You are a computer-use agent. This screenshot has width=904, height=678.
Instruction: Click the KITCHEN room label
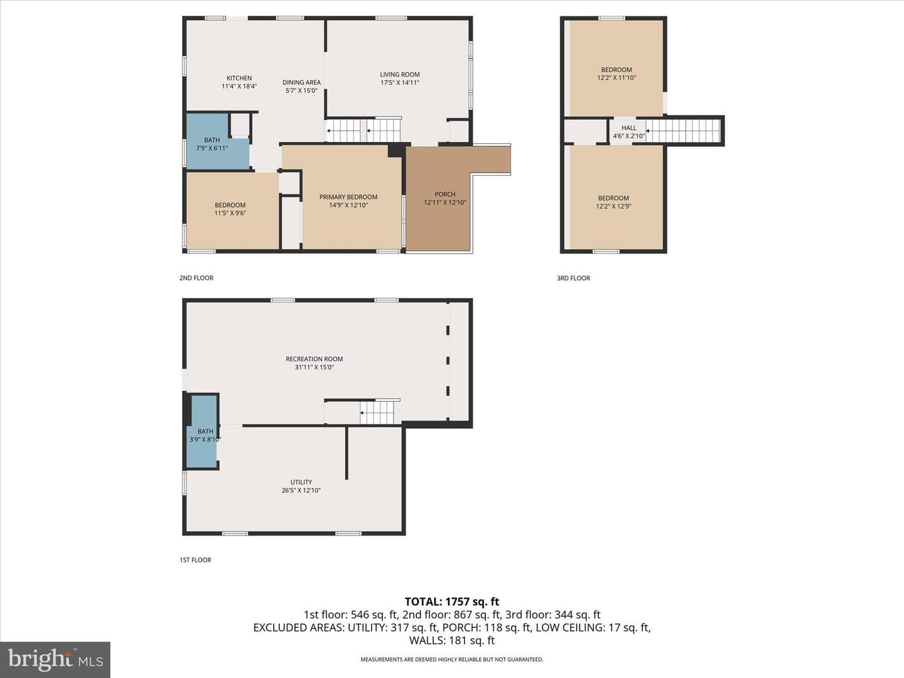pyautogui.click(x=239, y=78)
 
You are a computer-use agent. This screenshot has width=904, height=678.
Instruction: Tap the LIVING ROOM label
pyautogui.click(x=400, y=75)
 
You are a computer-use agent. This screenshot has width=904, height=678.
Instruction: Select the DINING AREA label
pyautogui.click(x=301, y=82)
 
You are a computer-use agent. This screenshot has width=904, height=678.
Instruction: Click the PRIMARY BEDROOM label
pyautogui.click(x=348, y=196)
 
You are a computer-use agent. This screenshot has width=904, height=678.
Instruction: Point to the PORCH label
pyautogui.click(x=445, y=194)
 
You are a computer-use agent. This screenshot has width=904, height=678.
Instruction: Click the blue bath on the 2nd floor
pyautogui.click(x=217, y=141)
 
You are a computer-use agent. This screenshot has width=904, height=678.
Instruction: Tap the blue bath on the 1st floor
pyautogui.click(x=202, y=431)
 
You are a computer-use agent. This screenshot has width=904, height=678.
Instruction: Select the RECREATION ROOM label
pyautogui.click(x=315, y=359)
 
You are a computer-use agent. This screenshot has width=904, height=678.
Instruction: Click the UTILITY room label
pyautogui.click(x=301, y=482)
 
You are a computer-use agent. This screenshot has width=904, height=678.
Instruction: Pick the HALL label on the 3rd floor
pyautogui.click(x=629, y=128)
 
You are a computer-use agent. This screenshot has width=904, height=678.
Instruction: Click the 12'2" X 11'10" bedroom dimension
pyautogui.click(x=616, y=77)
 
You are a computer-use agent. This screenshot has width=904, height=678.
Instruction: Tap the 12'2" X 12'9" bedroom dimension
pyautogui.click(x=613, y=207)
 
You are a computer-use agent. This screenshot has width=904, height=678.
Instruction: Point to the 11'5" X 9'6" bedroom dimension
pyautogui.click(x=230, y=213)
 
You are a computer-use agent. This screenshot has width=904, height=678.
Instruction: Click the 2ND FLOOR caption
pyautogui.click(x=196, y=278)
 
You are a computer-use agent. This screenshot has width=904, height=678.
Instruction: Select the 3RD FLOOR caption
pyautogui.click(x=573, y=278)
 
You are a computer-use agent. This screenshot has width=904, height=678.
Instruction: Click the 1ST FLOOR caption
pyautogui.click(x=195, y=560)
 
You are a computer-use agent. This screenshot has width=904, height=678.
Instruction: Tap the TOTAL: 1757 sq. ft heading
pyautogui.click(x=452, y=602)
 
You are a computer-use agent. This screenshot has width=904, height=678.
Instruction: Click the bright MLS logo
pyautogui.click(x=55, y=659)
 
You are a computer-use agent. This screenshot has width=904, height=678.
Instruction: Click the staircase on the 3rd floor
pyautogui.click(x=682, y=131)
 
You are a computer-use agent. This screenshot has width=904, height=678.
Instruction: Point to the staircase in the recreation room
pyautogui.click(x=377, y=412)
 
